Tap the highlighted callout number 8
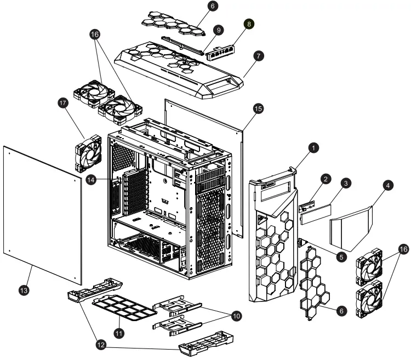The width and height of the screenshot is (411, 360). (250, 25)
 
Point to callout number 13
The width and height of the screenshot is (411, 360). (24, 288)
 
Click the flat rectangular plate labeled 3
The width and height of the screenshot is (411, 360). (316, 215)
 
